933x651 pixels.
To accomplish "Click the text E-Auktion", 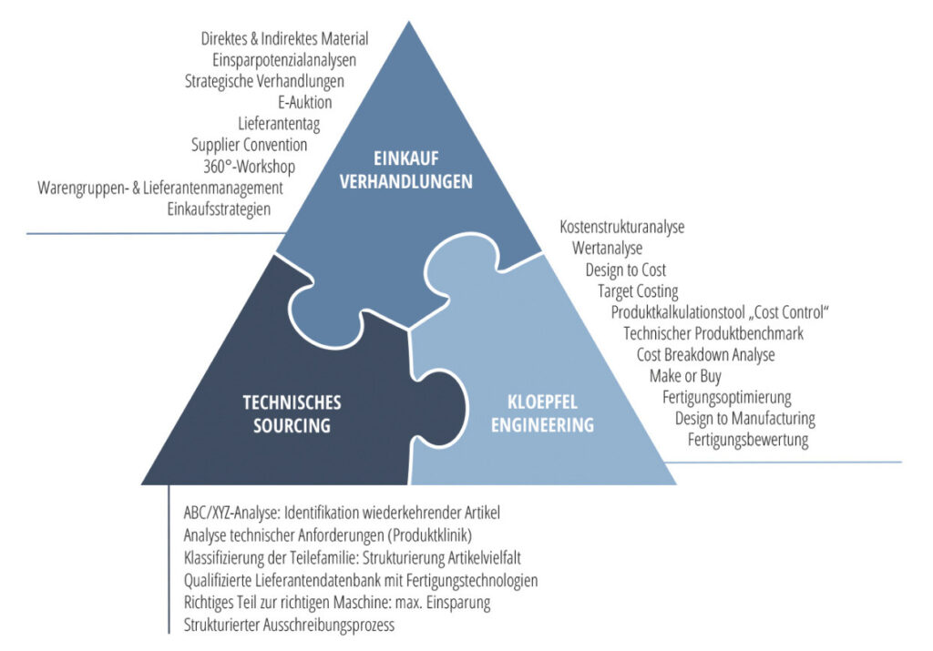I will pyautogui.click(x=305, y=102).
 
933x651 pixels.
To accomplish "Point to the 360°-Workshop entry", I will pyautogui.click(x=250, y=166).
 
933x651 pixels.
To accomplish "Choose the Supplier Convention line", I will pyautogui.click(x=249, y=144).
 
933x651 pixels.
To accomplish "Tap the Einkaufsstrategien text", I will pyautogui.click(x=219, y=209).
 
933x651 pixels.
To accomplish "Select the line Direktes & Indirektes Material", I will pyautogui.click(x=284, y=38).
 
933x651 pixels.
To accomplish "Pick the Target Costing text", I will pyautogui.click(x=638, y=291).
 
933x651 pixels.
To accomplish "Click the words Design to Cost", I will pyautogui.click(x=625, y=270).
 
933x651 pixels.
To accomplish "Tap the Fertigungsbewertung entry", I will pyautogui.click(x=748, y=440).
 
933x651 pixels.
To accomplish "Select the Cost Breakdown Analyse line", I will pyautogui.click(x=705, y=355).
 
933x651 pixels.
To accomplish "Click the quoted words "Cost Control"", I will pyautogui.click(x=785, y=312).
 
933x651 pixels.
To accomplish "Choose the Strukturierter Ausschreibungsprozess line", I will pyautogui.click(x=289, y=625).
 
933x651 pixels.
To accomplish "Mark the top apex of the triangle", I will pyautogui.click(x=408, y=22).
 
